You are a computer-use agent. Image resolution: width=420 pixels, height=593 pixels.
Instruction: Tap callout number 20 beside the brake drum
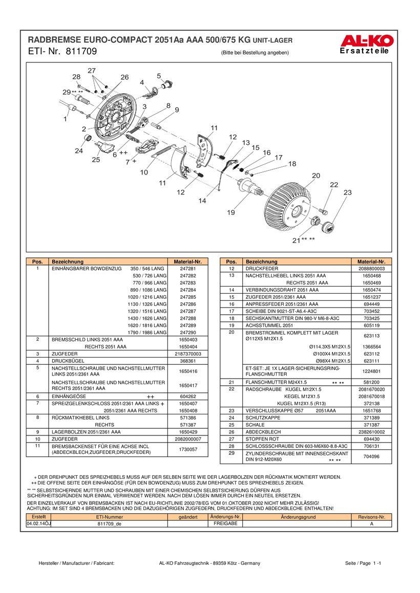(x=316, y=175)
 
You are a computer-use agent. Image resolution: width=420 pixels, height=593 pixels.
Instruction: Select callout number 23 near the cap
(x=348, y=192)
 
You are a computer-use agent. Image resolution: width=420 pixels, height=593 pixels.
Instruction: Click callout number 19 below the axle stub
(x=230, y=212)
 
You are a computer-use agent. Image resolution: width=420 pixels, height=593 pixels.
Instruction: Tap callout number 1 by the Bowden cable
(x=65, y=119)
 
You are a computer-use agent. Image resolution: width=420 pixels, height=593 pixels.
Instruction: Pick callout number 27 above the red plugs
(x=92, y=70)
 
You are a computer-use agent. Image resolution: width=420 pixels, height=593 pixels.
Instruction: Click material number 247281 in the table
(x=188, y=269)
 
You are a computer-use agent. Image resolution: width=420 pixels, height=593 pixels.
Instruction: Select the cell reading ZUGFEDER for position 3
(x=65, y=354)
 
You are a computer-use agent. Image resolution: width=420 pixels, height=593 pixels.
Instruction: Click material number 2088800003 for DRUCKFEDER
(x=371, y=269)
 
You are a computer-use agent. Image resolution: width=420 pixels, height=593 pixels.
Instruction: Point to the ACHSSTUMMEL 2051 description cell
(x=269, y=325)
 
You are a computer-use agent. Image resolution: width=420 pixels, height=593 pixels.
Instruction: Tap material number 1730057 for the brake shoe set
(x=188, y=449)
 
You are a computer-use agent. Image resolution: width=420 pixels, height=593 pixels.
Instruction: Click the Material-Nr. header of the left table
(x=188, y=261)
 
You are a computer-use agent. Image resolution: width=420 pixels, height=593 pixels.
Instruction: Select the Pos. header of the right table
(x=231, y=261)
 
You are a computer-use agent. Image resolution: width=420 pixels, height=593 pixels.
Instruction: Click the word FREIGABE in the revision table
(x=225, y=523)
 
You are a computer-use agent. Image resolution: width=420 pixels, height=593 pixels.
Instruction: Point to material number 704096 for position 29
(x=371, y=456)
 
